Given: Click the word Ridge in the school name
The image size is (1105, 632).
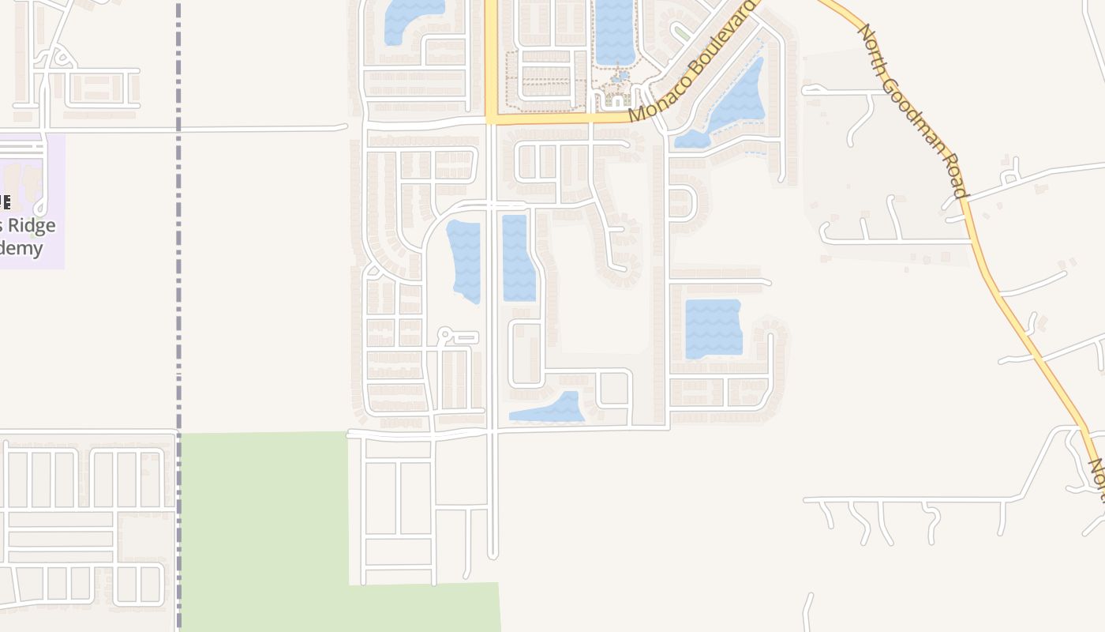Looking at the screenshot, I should [33, 226].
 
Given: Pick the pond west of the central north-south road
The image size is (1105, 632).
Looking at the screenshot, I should [464, 261].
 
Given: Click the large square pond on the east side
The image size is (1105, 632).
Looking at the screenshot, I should [714, 328].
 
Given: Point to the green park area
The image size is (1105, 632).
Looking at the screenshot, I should [264, 521].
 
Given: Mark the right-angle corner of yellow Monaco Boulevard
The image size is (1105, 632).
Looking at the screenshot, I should [491, 119].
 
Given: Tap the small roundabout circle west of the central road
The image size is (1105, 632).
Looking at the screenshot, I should [445, 336].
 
